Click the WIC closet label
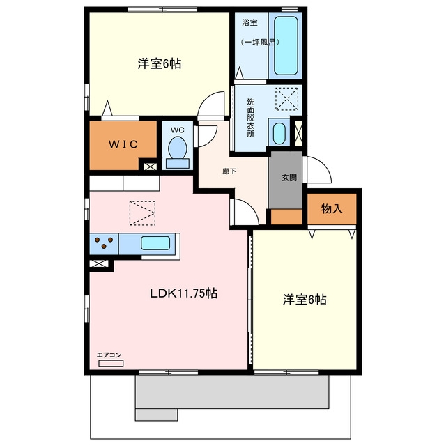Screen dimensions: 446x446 123,144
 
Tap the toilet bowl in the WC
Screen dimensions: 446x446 178,148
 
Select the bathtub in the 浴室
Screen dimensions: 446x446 286,45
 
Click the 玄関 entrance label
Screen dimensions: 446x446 289,178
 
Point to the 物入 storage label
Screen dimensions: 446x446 332,209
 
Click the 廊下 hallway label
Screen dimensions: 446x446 229,171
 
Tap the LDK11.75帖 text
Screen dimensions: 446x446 184,293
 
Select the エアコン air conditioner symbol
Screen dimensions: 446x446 111,363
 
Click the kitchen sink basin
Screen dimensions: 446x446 155,243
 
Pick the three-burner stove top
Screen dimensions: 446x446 104,244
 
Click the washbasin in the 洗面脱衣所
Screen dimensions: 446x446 279,133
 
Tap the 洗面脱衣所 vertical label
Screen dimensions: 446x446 250,118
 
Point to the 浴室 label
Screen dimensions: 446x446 249,23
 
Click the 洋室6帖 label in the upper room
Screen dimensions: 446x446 160,63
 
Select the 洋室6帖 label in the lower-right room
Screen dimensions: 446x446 305,300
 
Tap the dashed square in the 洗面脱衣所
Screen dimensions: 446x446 286,99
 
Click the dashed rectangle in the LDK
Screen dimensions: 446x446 142,213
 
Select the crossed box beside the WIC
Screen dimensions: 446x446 150,167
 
